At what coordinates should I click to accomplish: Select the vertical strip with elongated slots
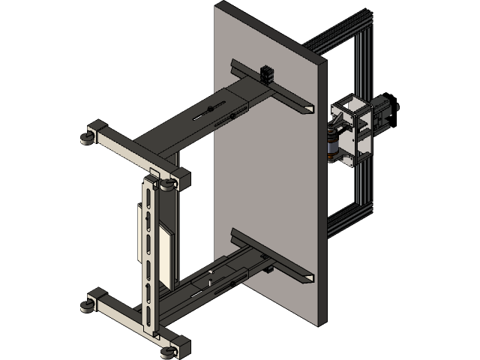click(151, 255)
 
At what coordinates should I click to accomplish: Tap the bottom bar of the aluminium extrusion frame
click(346, 217)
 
